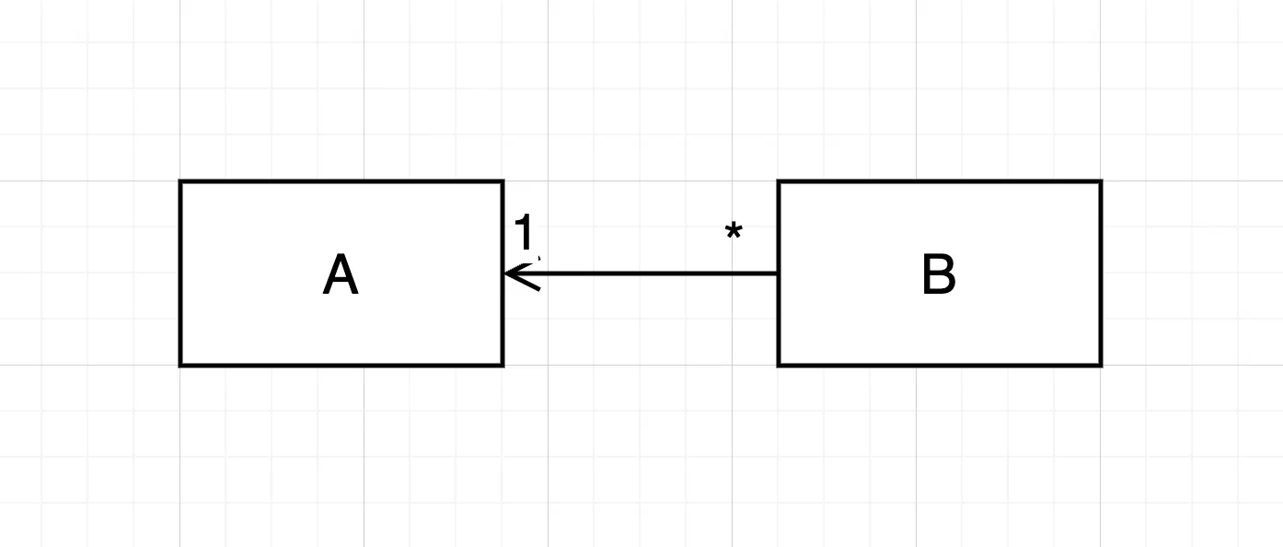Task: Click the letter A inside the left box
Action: pos(341,275)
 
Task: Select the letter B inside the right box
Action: pos(939,275)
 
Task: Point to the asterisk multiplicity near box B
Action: pos(734,233)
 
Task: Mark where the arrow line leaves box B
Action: pos(779,273)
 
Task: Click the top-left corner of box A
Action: pos(181,182)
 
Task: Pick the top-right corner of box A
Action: pos(502,182)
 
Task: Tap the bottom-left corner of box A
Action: pos(181,365)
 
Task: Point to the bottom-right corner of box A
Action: pos(502,365)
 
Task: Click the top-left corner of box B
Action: pos(780,182)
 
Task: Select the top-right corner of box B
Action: pos(1100,182)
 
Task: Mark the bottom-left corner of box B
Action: pos(780,365)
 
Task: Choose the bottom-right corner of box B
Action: pos(1100,365)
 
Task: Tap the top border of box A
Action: pos(341,182)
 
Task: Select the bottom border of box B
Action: pos(940,365)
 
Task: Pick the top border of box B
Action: pos(940,182)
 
